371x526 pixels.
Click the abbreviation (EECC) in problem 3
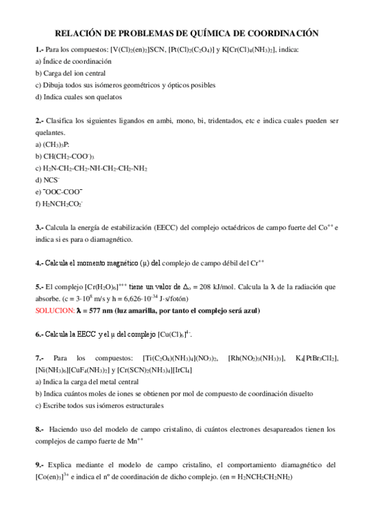click(167, 228)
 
